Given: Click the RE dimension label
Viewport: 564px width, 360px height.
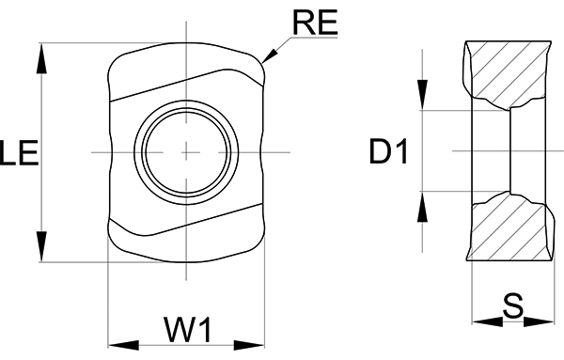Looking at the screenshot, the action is click(316, 23).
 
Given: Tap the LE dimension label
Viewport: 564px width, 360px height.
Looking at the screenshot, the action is click(19, 153).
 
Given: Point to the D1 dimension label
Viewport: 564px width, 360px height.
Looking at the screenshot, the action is click(388, 151).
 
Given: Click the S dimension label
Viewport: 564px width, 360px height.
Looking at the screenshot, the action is click(513, 306).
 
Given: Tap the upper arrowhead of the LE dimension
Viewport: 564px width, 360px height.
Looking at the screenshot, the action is click(42, 58).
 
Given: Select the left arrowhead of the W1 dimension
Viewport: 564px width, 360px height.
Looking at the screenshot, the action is click(123, 345).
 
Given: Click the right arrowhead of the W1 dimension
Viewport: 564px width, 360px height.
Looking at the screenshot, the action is click(249, 345).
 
